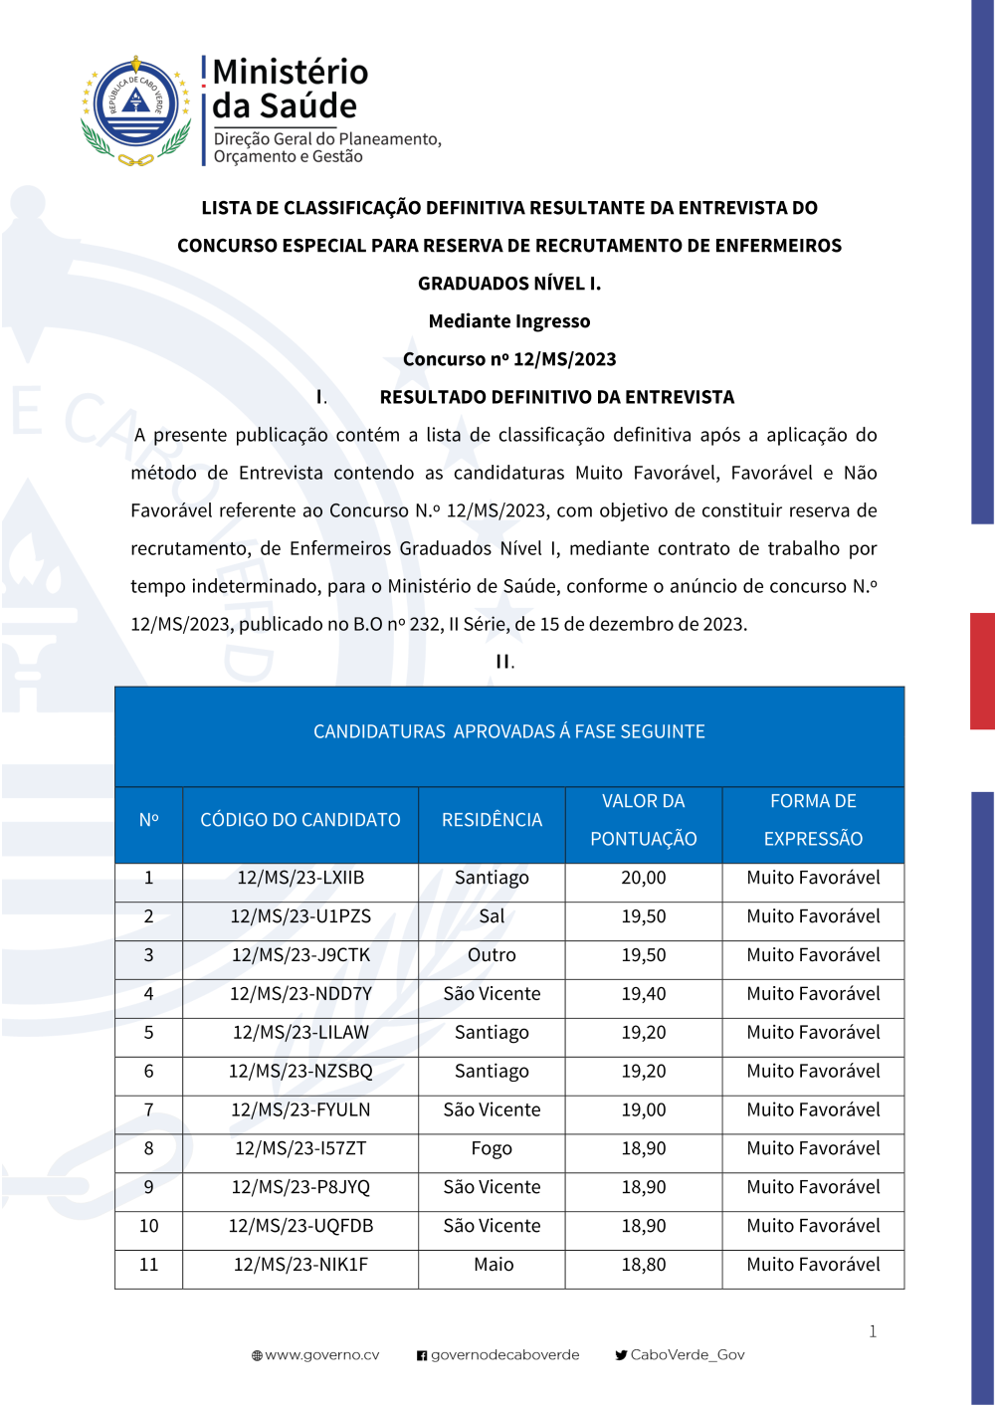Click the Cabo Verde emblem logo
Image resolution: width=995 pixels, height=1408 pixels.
[136, 110]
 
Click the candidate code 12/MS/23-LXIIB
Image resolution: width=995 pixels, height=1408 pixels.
[300, 878]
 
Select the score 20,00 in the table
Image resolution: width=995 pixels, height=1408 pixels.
[644, 878]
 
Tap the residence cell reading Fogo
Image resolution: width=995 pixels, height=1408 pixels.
[492, 1148]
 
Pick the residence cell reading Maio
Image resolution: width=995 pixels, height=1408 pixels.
[494, 1265]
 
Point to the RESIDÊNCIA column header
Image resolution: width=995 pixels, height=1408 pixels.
[492, 820]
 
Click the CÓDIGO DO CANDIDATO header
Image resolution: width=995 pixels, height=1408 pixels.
[300, 820]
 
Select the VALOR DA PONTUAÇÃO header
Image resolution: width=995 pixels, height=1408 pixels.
[644, 820]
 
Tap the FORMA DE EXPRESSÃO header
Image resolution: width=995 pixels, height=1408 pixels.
[813, 820]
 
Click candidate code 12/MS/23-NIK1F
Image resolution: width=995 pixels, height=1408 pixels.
[300, 1265]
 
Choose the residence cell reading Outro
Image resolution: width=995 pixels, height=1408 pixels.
[492, 955]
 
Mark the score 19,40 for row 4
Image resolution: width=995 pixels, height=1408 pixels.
[644, 994]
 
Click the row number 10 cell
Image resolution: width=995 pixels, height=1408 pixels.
[149, 1226]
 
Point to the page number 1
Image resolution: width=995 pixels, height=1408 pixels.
[873, 1331]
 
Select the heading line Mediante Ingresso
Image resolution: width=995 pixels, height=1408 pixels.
[509, 321]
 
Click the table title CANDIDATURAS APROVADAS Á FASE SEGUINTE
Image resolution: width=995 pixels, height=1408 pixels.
[509, 732]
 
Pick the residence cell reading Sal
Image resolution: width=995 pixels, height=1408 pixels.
[492, 916]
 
